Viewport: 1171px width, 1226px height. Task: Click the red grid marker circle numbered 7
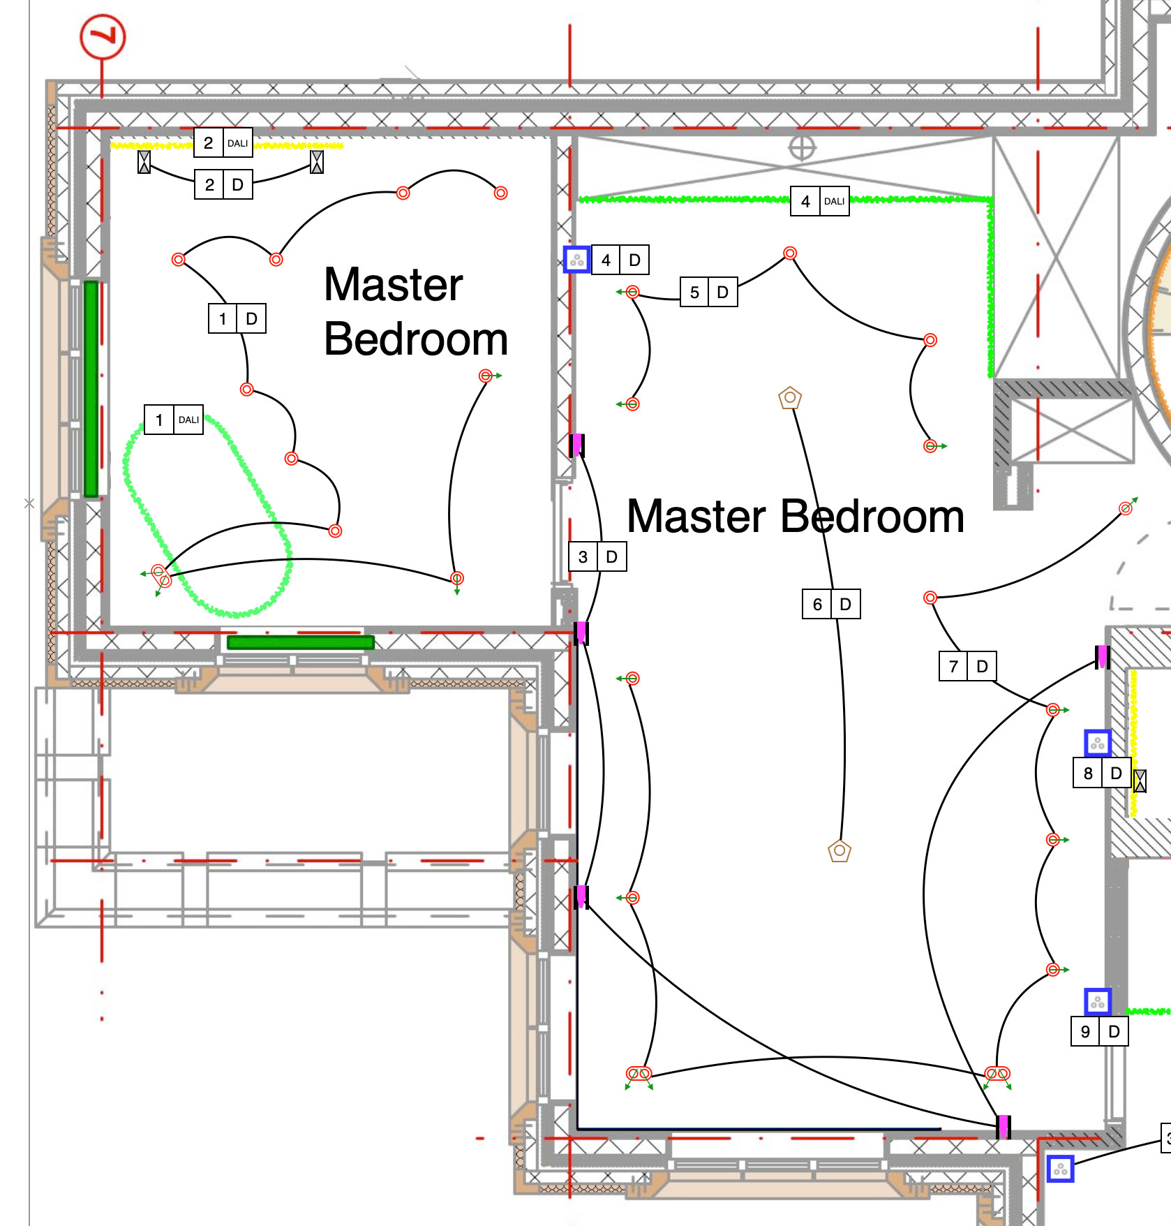pyautogui.click(x=103, y=37)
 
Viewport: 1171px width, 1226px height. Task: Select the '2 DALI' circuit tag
pyautogui.click(x=223, y=143)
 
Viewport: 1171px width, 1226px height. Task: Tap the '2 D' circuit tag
pyautogui.click(x=223, y=185)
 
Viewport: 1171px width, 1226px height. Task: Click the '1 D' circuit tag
pyautogui.click(x=237, y=319)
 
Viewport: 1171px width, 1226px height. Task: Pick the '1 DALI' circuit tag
pyautogui.click(x=174, y=420)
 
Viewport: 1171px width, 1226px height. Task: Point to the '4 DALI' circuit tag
pyautogui.click(x=820, y=201)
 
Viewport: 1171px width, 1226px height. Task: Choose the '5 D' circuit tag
pyautogui.click(x=709, y=292)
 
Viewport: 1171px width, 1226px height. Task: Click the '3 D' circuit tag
pyautogui.click(x=597, y=556)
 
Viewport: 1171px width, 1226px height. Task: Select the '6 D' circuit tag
pyautogui.click(x=831, y=604)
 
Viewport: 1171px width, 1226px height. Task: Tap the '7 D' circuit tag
pyautogui.click(x=968, y=666)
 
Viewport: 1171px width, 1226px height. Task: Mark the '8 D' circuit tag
pyautogui.click(x=1102, y=773)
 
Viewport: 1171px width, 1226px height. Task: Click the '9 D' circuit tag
pyautogui.click(x=1100, y=1031)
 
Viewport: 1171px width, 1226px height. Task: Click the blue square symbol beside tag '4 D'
pyautogui.click(x=577, y=260)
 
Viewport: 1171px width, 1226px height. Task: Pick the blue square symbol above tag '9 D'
pyautogui.click(x=1098, y=1002)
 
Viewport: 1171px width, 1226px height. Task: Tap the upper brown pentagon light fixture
pyautogui.click(x=790, y=398)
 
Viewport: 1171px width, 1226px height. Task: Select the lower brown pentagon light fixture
pyautogui.click(x=840, y=850)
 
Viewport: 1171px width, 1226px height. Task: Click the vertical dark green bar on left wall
pyautogui.click(x=91, y=389)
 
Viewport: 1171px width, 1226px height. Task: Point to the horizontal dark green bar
pyautogui.click(x=301, y=642)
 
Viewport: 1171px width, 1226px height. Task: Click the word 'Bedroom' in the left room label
pyautogui.click(x=416, y=340)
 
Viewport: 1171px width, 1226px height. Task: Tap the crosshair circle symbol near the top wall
pyautogui.click(x=802, y=148)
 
